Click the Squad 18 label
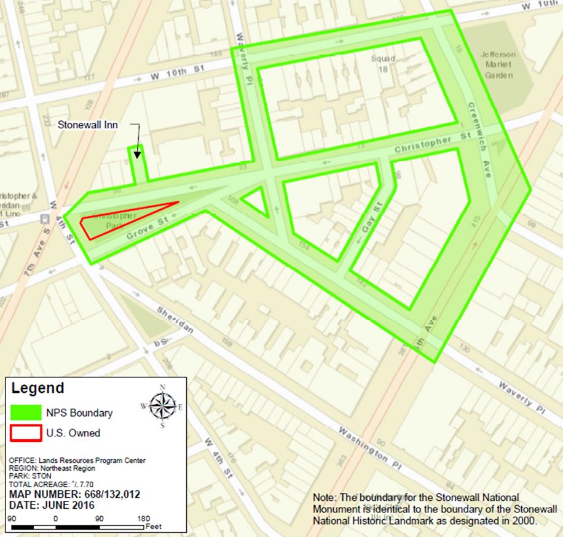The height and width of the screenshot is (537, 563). click(x=383, y=64)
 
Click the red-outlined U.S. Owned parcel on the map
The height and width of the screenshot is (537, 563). click(x=123, y=217)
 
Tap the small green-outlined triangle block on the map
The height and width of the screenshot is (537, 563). click(x=256, y=201)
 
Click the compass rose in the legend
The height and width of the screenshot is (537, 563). click(x=162, y=404)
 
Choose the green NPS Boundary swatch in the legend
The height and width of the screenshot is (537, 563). click(x=25, y=412)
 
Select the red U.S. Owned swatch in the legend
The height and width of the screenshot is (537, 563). click(x=25, y=433)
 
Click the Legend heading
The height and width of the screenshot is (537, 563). click(x=37, y=388)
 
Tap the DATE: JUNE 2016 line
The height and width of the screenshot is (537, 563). click(x=52, y=505)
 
